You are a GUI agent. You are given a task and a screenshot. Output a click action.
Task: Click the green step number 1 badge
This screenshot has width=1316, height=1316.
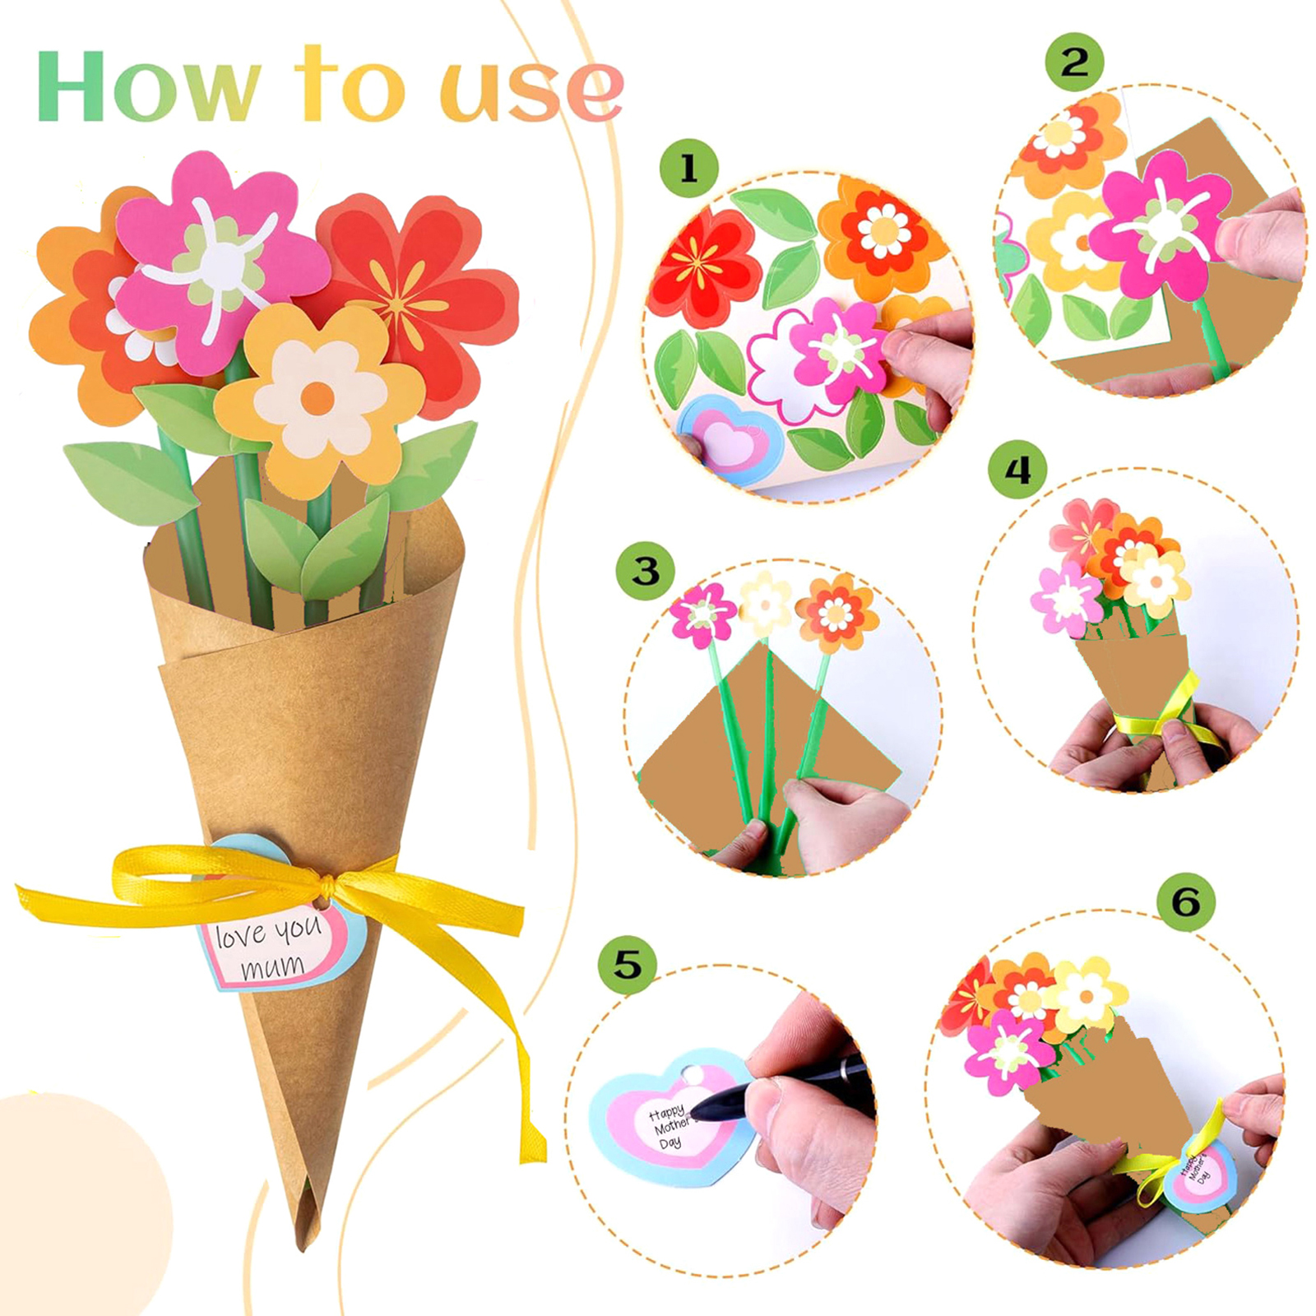click(x=688, y=169)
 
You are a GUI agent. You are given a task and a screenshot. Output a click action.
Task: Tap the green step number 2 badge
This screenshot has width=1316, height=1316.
click(x=1074, y=62)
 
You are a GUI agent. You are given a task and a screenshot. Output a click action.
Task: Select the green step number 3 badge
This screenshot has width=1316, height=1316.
click(x=645, y=571)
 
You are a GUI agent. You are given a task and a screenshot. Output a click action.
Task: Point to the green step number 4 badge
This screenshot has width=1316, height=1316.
click(x=1017, y=470)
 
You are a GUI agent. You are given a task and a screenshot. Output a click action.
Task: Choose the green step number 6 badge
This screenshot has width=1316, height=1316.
click(x=1185, y=902)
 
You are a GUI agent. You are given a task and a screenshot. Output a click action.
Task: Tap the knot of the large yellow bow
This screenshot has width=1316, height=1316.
click(x=327, y=884)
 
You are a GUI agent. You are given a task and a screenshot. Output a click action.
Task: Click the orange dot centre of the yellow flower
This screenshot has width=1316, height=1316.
click(x=317, y=399)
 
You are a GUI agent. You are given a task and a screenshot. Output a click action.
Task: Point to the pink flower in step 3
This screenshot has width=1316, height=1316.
click(x=702, y=614)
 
